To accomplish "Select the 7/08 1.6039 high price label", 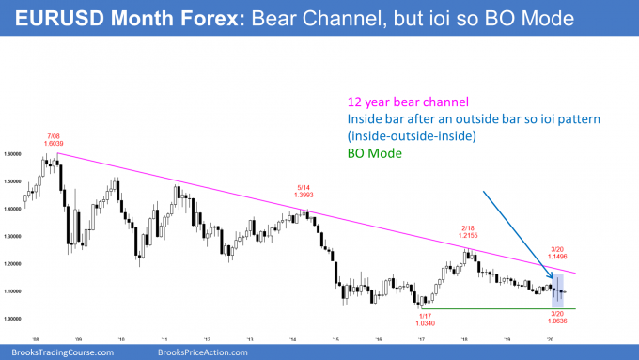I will (x=58, y=141).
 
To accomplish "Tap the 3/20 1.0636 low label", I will (x=561, y=328).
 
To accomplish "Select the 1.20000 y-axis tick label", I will (x=13, y=265).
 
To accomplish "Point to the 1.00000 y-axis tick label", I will (x=13, y=320).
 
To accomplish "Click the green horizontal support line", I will (x=489, y=309).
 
